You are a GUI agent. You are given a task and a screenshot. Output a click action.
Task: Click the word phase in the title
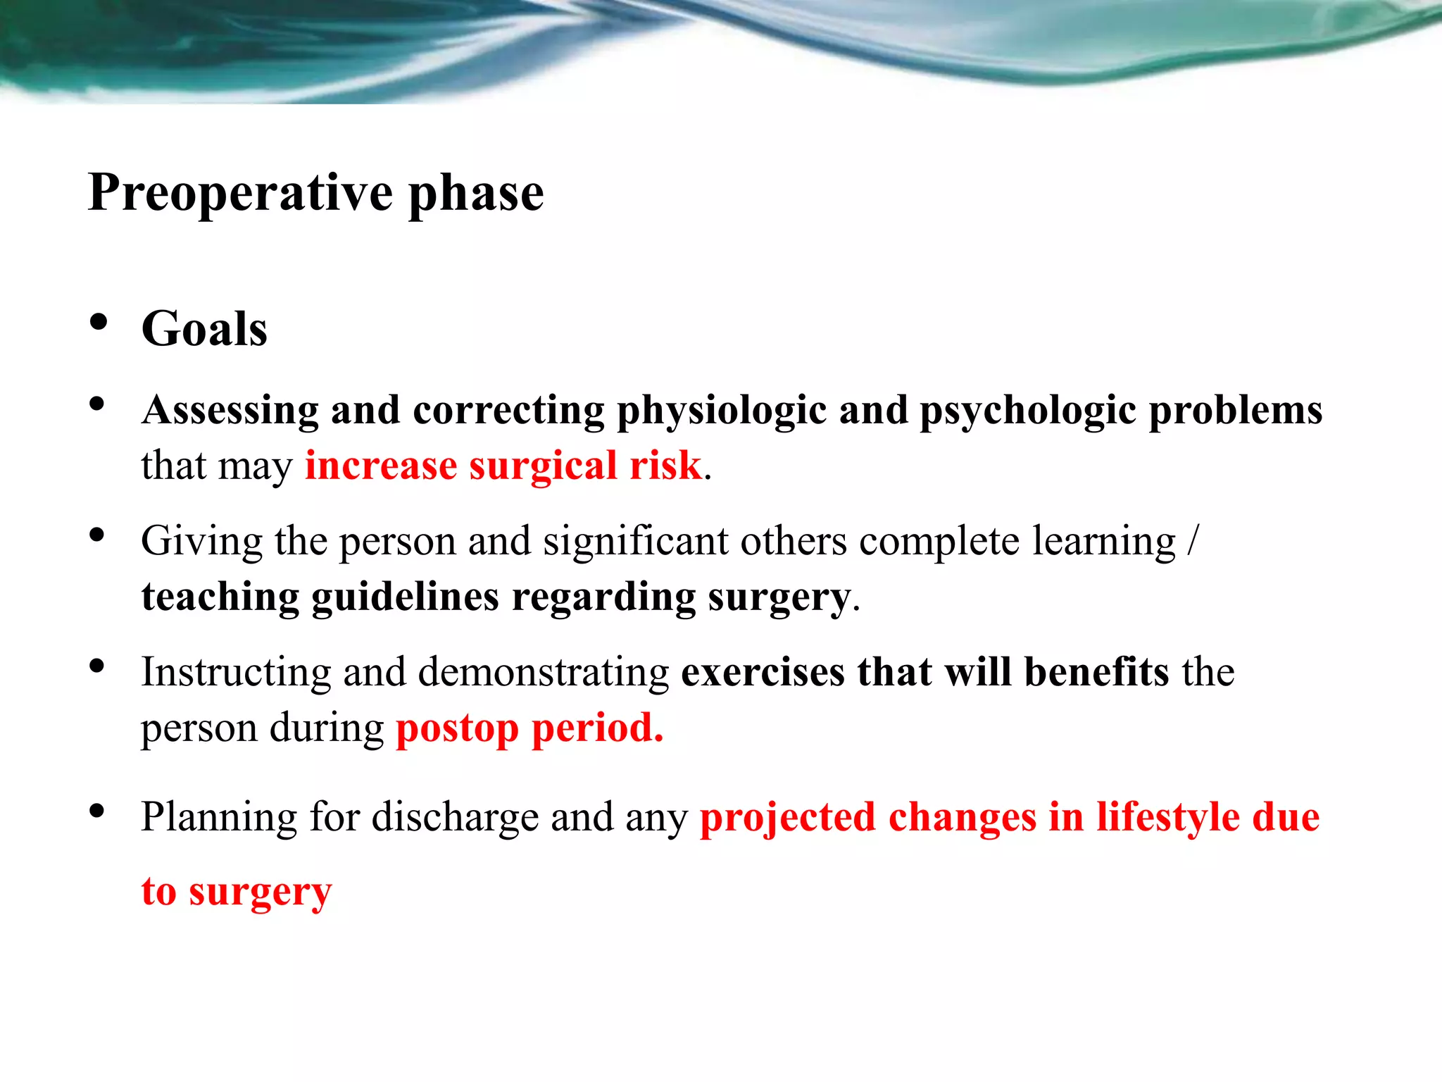pos(476,193)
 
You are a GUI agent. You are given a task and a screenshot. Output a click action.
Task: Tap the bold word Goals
pos(204,329)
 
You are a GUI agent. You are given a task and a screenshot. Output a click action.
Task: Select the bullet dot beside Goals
pos(98,323)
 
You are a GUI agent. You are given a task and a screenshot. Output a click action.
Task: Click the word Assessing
pos(230,411)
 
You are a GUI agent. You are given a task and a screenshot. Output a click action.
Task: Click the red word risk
pos(665,466)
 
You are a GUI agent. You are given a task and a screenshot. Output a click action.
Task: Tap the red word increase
pos(381,466)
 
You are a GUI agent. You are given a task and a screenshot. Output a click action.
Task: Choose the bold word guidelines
pos(405,597)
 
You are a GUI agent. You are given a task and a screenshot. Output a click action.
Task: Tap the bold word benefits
pos(1096,671)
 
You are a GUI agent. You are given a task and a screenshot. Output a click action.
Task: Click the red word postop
pos(457,729)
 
